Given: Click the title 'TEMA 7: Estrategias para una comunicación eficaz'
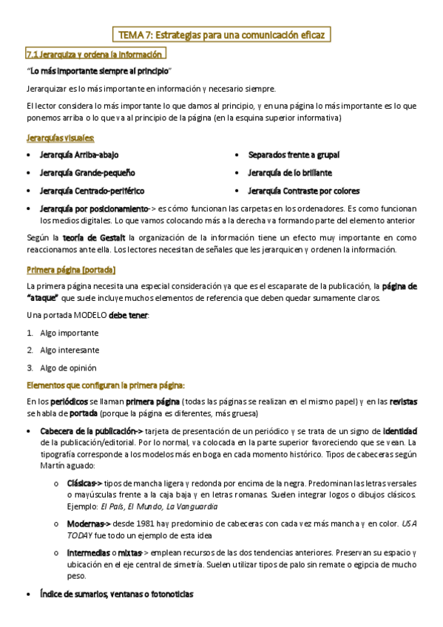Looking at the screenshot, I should pos(221,34).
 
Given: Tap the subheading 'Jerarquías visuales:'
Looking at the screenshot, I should pos(60,138).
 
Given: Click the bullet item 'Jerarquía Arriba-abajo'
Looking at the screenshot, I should pos(79,155).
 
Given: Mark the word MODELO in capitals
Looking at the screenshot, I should pos(90,316).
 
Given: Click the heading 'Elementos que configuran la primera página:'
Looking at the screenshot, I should pos(105,384).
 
